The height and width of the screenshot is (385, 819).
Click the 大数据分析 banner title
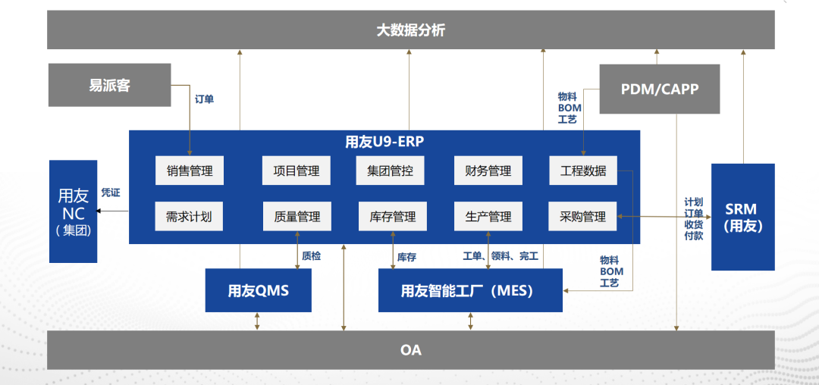410,30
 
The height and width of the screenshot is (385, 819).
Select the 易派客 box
109,85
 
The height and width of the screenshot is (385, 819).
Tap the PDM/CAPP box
659,89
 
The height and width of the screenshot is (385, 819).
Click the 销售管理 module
190,170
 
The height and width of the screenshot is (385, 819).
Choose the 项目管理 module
297,170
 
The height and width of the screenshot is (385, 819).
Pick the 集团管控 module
391,170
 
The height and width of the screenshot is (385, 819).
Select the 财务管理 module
488,170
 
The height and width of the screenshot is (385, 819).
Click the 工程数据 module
583,170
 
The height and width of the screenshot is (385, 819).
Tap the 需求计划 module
189,216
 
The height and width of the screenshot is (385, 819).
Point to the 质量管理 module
297,216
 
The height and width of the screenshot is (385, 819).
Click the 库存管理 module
392,216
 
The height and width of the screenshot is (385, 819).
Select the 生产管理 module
488,216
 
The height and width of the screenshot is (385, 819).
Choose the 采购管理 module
582,216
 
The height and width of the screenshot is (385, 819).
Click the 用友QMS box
258,290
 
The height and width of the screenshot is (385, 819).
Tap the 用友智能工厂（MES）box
470,290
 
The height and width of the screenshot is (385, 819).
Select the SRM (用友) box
742,217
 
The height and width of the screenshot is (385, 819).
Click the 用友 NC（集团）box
73,211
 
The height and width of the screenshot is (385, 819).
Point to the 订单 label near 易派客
204,99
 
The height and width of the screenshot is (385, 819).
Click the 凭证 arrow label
111,193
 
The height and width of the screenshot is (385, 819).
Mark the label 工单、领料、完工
500,256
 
